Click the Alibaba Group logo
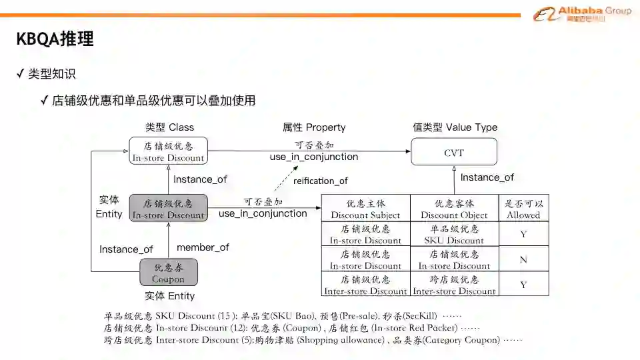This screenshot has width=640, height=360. tap(581, 14)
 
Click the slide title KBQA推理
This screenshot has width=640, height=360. tap(55, 39)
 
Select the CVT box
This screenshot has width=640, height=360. tap(454, 152)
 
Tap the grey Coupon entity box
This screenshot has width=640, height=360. tap(169, 272)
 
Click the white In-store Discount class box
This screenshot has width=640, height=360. tap(169, 151)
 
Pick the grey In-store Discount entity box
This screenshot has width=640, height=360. tap(169, 209)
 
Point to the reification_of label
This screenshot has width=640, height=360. tap(321, 181)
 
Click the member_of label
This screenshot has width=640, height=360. tap(203, 247)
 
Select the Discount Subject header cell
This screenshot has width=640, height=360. tap(365, 209)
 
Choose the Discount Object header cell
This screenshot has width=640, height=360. tap(454, 209)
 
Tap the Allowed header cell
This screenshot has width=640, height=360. tap(523, 209)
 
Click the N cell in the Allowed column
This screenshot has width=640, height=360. tap(523, 259)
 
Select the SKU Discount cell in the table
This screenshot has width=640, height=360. tap(454, 234)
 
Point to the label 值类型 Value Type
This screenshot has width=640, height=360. tap(455, 127)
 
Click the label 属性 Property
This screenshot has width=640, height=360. tap(314, 127)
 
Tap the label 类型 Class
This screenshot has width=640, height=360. tap(170, 127)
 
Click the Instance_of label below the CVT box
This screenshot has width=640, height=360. tap(487, 177)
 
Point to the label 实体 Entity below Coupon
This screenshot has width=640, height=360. tap(170, 296)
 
